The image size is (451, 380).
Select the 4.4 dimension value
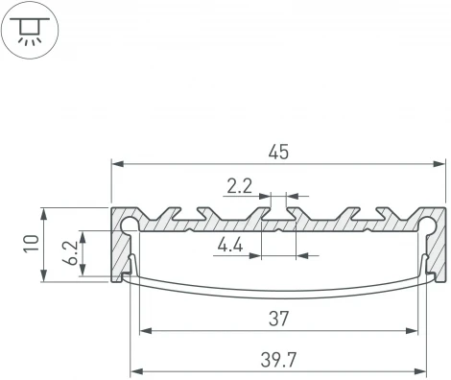[x=229, y=245]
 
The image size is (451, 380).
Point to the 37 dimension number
[x=279, y=319]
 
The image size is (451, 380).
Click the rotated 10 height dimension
[x=31, y=245]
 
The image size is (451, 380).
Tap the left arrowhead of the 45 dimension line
[x=117, y=164]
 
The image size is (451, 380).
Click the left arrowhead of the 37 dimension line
[x=145, y=331]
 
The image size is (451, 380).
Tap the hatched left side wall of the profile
[x=120, y=254]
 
